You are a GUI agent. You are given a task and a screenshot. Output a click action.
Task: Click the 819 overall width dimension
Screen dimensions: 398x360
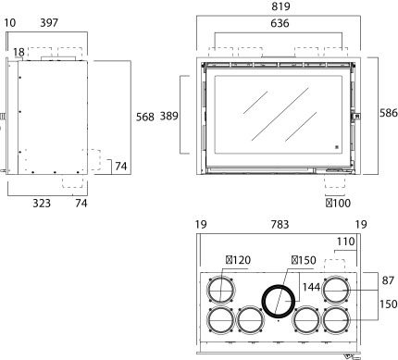pyautogui.click(x=280, y=6)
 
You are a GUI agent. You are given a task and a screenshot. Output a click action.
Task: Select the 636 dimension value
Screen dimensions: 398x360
pyautogui.click(x=280, y=23)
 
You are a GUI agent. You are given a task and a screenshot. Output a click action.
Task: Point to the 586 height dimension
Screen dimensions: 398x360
pyautogui.click(x=389, y=113)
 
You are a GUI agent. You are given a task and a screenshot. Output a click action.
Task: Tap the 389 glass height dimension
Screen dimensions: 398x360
pyautogui.click(x=169, y=117)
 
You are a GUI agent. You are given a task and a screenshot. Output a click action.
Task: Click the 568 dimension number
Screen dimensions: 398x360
pyautogui.click(x=145, y=118)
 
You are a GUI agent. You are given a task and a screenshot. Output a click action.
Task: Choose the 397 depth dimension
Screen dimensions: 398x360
pyautogui.click(x=49, y=23)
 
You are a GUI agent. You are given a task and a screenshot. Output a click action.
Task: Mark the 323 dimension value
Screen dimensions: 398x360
pyautogui.click(x=42, y=204)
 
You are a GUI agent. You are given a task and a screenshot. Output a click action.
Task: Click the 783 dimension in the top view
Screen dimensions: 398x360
pyautogui.click(x=280, y=225)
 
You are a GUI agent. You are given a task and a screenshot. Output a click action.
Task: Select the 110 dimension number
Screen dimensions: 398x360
pyautogui.click(x=345, y=242)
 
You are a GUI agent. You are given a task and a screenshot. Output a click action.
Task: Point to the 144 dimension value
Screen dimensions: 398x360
pyautogui.click(x=311, y=287)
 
